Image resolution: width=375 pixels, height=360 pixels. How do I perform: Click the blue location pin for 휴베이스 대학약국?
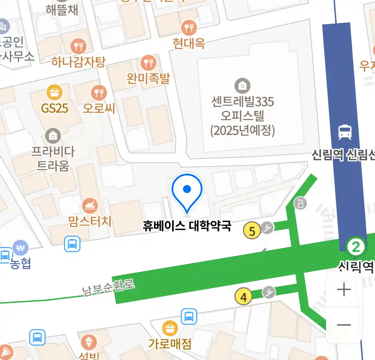(187, 190)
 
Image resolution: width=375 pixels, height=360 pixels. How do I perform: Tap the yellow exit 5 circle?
(252, 231)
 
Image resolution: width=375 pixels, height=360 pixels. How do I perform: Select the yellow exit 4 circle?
(244, 297)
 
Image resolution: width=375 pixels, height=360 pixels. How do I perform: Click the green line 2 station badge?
(356, 247)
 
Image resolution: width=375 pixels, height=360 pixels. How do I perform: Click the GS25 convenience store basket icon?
(54, 92)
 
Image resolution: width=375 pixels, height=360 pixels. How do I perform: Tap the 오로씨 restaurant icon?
(99, 93)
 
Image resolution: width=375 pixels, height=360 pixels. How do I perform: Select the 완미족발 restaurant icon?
(148, 62)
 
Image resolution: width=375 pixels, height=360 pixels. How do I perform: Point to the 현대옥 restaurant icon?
(189, 27)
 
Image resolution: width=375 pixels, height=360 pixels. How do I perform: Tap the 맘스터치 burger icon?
(90, 206)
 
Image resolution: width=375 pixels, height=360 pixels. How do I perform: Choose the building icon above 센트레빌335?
(242, 86)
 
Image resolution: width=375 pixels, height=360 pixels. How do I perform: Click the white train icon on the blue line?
(345, 132)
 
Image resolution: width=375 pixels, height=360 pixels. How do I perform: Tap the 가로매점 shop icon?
(170, 328)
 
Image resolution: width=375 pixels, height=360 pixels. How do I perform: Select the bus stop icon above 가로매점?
(189, 316)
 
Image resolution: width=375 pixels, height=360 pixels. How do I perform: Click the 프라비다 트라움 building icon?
(53, 136)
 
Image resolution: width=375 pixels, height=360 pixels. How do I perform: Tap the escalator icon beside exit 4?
(269, 292)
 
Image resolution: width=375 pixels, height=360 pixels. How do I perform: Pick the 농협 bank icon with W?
(20, 248)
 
